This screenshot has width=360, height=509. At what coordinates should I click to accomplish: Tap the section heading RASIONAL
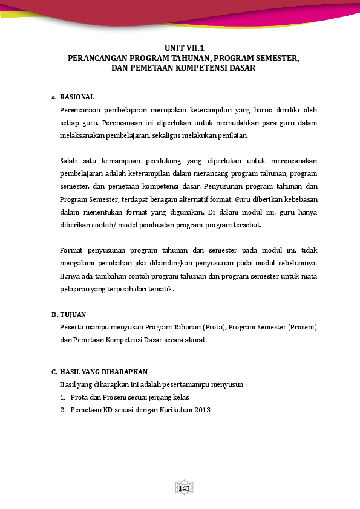click(x=77, y=97)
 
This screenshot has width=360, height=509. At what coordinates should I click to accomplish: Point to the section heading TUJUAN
click(x=73, y=314)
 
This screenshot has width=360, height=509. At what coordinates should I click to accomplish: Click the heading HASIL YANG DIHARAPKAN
click(x=103, y=372)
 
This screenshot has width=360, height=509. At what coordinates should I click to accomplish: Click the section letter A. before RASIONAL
click(x=54, y=97)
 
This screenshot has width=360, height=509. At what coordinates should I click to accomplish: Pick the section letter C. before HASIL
click(x=54, y=372)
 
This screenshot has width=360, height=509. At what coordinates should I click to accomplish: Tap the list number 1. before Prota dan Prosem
click(x=62, y=397)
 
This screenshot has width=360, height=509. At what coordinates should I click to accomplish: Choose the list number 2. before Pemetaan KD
click(x=62, y=410)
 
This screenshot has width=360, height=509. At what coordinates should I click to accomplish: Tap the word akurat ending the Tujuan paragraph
click(x=195, y=340)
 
